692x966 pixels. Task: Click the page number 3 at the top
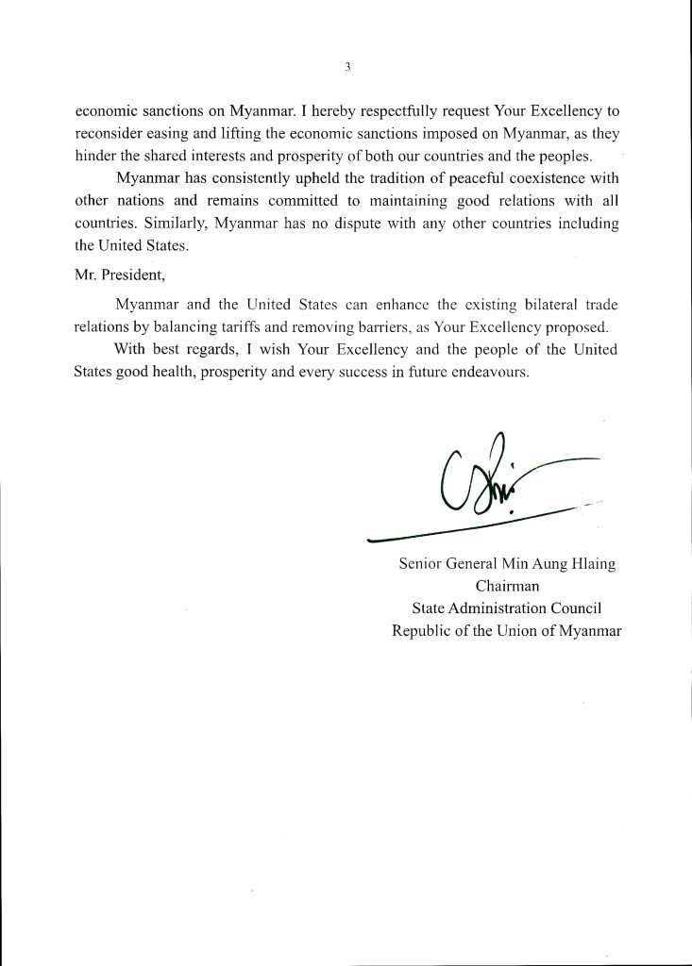tap(347, 66)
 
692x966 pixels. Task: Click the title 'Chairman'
tap(507, 587)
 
